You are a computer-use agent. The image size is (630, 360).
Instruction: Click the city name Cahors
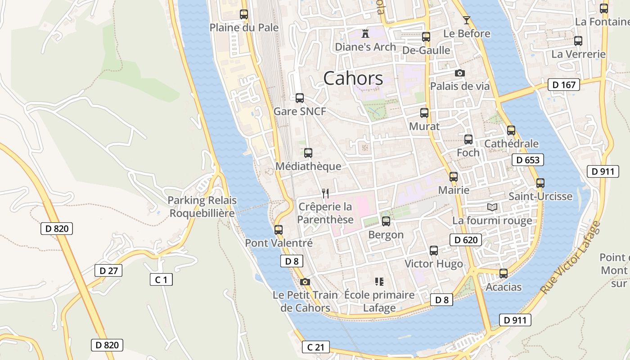353,78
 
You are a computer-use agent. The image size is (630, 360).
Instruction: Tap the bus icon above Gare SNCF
300,98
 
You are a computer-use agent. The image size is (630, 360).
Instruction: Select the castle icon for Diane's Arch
365,33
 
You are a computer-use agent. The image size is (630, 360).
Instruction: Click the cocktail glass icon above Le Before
467,20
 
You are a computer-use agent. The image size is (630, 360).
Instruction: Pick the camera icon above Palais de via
459,73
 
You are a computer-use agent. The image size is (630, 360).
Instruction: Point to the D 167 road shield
563,85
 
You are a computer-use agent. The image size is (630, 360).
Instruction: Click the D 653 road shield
528,160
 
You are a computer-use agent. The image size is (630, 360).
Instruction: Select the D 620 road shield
466,240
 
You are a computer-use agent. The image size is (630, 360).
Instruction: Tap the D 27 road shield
108,270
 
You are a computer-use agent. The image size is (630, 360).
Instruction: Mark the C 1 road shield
161,279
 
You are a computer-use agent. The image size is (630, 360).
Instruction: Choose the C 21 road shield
315,347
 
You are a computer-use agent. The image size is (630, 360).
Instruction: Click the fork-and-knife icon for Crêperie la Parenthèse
325,193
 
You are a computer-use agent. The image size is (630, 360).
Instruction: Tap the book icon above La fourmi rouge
492,207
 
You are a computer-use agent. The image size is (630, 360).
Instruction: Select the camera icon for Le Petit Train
305,282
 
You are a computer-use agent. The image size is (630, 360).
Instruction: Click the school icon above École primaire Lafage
379,282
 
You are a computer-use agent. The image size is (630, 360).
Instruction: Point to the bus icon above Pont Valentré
279,229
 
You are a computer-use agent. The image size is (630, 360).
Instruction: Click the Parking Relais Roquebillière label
202,207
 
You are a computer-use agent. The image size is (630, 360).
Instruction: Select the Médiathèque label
308,166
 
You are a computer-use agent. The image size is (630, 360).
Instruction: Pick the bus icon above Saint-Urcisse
540,183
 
